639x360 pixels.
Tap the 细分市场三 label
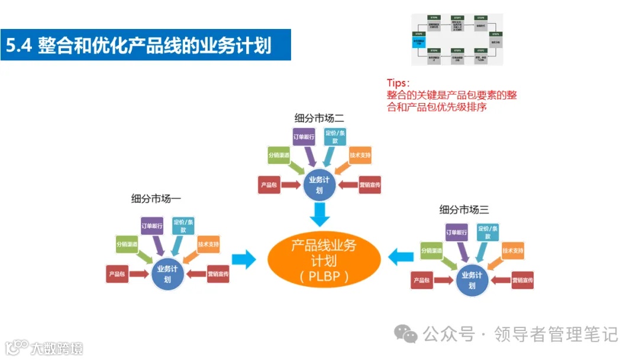464,209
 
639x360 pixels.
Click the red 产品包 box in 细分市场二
268,185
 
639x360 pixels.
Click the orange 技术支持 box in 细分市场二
360,155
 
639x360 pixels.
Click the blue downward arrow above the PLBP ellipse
320,214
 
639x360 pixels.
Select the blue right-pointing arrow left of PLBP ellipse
243,259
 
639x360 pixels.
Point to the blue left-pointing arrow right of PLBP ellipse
401,256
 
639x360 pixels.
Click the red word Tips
398,83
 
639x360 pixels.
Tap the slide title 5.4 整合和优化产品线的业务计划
138,45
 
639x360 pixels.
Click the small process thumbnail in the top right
457,39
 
